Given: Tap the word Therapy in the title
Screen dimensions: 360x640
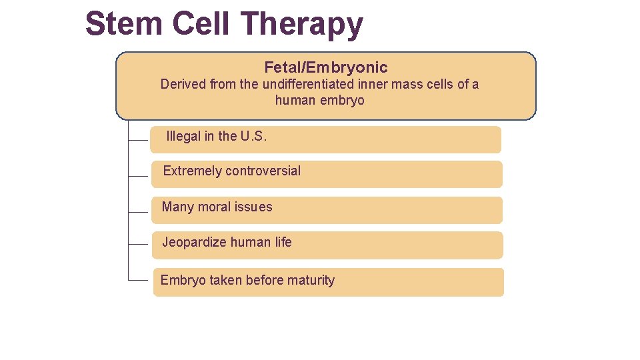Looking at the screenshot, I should pos(303,25).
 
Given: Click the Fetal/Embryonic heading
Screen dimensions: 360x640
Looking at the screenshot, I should pos(325,67).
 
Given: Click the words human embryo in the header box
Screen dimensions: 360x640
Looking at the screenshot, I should pos(319,101).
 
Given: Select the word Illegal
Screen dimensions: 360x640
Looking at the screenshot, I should pos(183,137).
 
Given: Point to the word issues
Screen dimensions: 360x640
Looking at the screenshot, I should pos(253,207).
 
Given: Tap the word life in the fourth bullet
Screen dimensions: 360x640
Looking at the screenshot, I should pos(283,243).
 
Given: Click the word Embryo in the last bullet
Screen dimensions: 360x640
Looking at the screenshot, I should pos(183,281).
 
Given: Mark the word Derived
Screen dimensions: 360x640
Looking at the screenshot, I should pos(182,85).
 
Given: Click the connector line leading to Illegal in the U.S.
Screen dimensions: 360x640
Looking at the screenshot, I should pos(138,141).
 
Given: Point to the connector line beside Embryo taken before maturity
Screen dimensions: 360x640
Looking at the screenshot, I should pos(138,281).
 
